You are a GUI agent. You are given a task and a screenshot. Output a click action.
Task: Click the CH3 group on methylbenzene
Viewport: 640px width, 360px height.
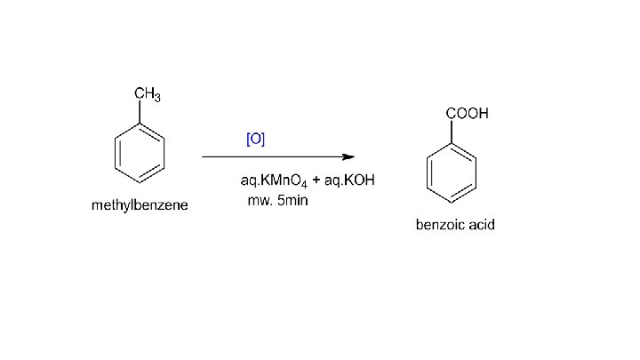pos(147,95)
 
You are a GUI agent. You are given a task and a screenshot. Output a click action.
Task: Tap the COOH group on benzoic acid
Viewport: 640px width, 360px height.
pos(467,114)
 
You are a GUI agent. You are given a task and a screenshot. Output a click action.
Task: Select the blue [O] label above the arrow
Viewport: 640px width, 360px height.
pos(255,139)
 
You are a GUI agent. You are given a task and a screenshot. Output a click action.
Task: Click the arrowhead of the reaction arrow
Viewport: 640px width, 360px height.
pos(349,156)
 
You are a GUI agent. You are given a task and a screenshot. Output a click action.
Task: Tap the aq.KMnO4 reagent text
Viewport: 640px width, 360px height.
pos(274,180)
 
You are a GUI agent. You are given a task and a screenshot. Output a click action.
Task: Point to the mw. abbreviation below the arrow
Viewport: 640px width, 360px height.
pos(258,200)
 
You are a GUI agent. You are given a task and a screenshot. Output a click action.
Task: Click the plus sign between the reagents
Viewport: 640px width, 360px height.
pos(316,180)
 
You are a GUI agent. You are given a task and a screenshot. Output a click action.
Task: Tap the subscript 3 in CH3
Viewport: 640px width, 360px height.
pos(156,99)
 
